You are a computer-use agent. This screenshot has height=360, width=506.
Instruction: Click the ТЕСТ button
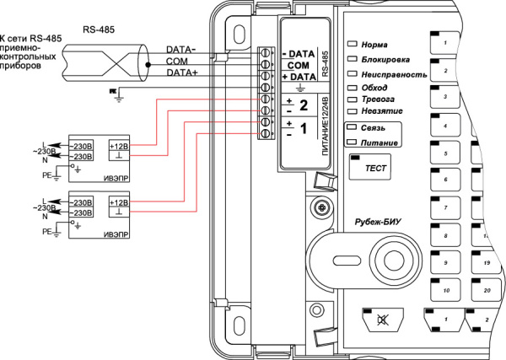pyautogui.click(x=374, y=169)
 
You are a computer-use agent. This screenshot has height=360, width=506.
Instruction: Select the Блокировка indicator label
pyautogui.click(x=385, y=60)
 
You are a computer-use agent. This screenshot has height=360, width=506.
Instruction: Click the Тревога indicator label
pyautogui.click(x=377, y=99)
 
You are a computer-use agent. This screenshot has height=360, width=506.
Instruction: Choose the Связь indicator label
pyautogui.click(x=373, y=127)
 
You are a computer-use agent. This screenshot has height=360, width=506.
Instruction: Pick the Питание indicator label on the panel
pyautogui.click(x=377, y=143)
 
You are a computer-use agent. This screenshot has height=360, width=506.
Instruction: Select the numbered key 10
pyautogui.click(x=445, y=290)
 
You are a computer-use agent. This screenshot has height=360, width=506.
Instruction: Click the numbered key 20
pyautogui.click(x=487, y=290)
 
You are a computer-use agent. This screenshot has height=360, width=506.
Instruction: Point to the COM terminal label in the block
pyautogui.click(x=297, y=64)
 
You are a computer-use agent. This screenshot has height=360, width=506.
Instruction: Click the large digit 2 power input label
pyautogui.click(x=303, y=105)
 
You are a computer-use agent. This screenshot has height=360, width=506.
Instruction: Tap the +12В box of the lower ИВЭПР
pyautogui.click(x=119, y=202)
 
